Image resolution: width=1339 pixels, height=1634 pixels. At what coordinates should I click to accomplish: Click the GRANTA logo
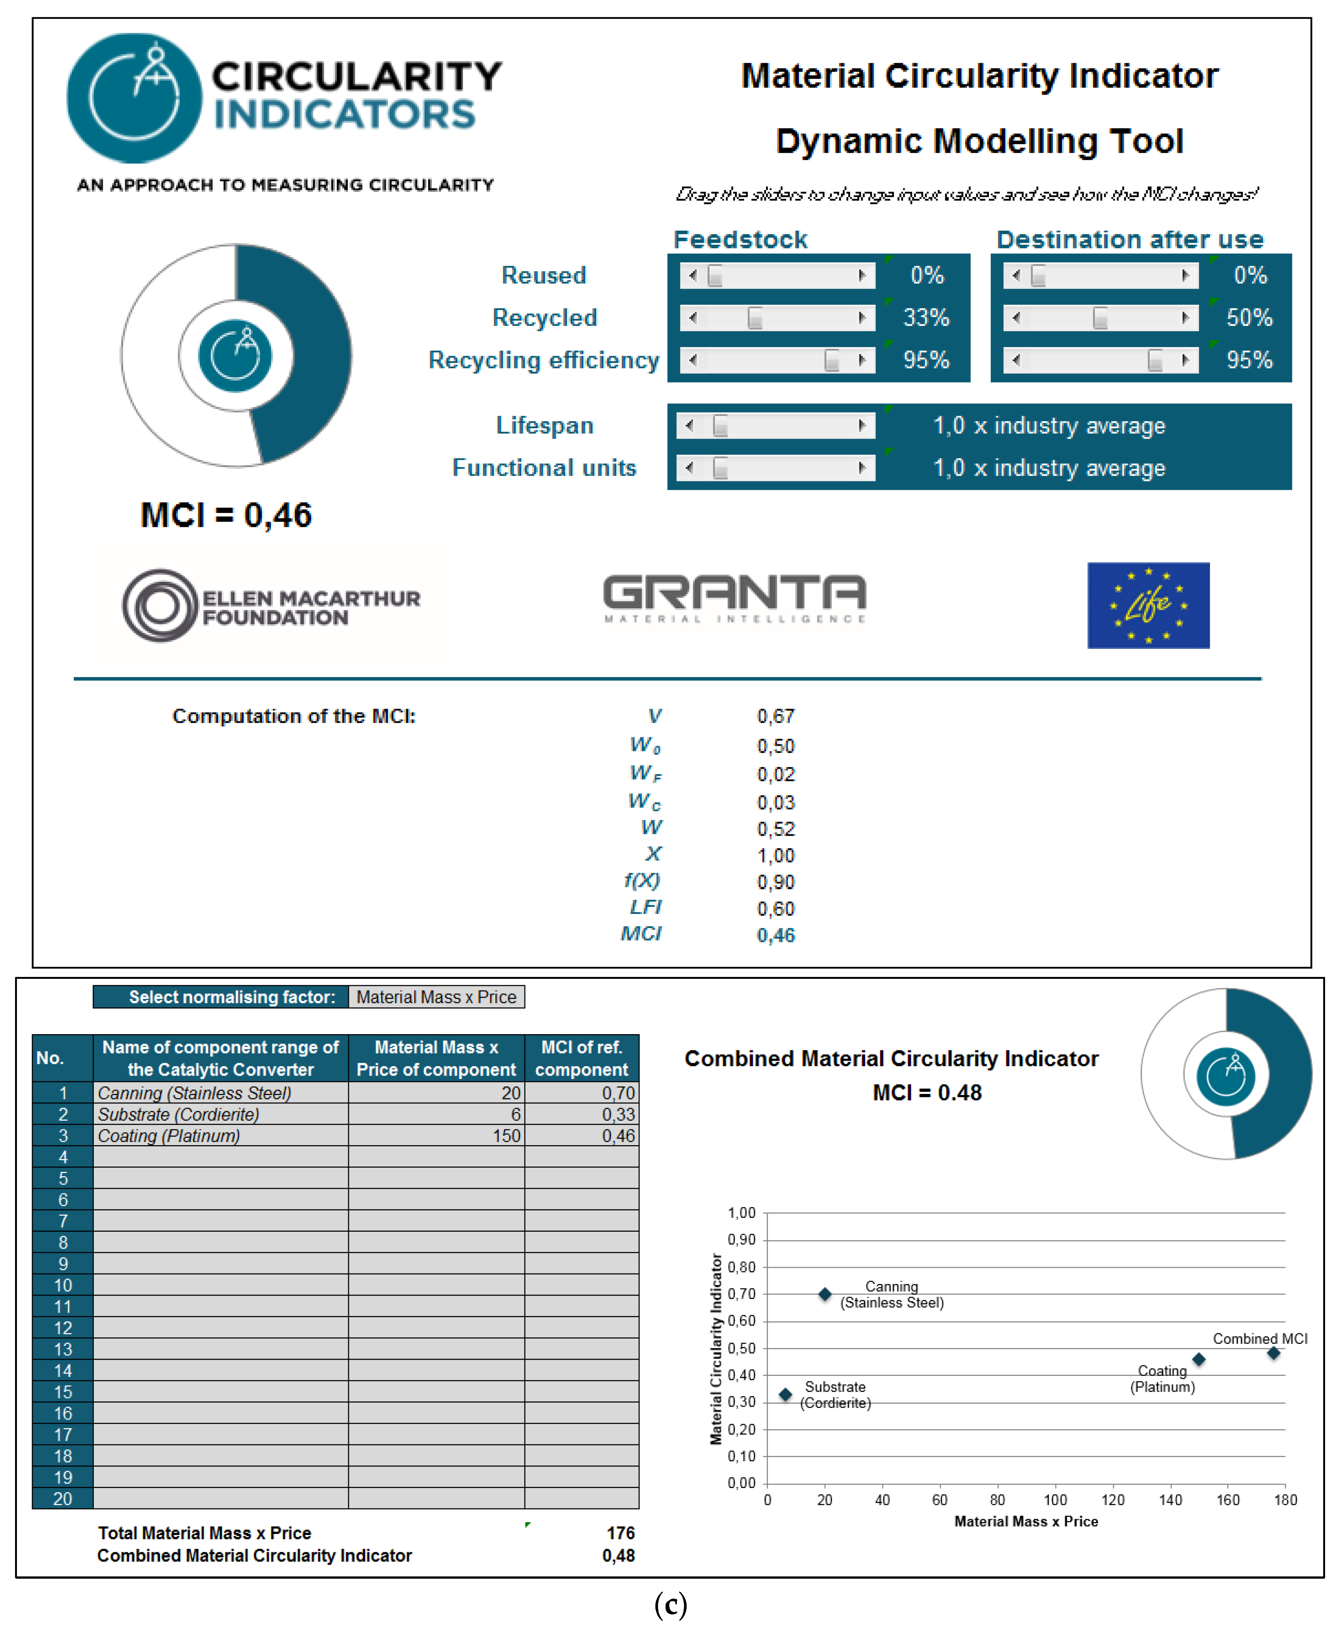(734, 598)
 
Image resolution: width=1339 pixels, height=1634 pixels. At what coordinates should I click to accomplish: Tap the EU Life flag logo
(1148, 606)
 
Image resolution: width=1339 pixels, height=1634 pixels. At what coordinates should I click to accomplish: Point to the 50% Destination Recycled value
(1249, 318)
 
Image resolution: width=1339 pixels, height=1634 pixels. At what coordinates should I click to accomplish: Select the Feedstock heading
(740, 240)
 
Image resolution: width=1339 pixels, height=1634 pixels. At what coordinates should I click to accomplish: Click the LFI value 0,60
(775, 909)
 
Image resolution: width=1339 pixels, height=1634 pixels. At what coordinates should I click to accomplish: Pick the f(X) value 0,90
(775, 882)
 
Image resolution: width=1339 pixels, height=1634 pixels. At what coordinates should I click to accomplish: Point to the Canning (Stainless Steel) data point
(824, 1294)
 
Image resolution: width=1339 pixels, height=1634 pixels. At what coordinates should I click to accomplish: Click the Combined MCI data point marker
(1273, 1353)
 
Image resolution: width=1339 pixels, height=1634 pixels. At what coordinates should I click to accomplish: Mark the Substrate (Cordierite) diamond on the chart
(785, 1394)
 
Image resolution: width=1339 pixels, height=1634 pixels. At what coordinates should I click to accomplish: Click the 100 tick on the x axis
(1055, 1500)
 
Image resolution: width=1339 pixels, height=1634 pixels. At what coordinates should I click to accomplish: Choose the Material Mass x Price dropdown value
(436, 997)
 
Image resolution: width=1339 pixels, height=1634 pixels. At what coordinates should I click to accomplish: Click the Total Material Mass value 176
(620, 1533)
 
